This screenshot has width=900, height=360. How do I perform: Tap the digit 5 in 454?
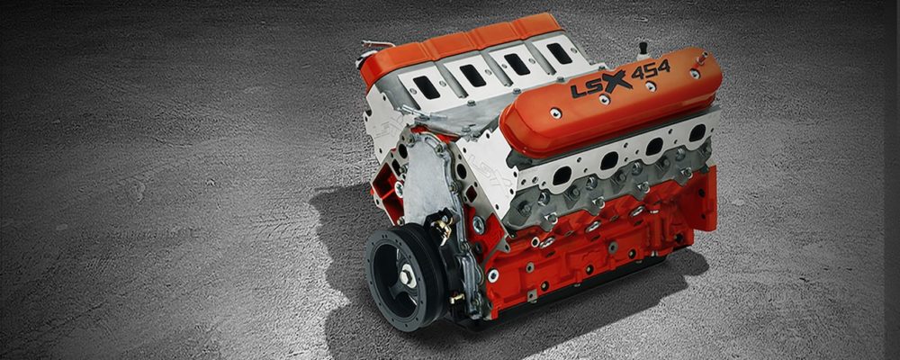pos(652,70)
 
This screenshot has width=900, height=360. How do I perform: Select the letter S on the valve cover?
pos(592,86)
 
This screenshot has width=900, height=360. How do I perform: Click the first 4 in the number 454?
pos(638,74)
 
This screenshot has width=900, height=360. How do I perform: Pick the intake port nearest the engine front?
pos(427,86)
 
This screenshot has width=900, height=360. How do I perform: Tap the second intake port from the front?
pos(473,76)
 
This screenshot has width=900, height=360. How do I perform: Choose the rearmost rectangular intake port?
pos(559,53)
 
